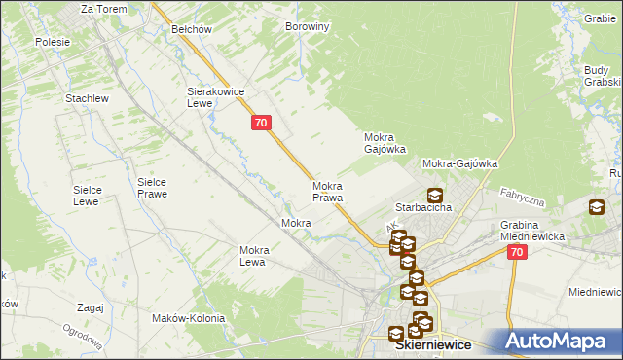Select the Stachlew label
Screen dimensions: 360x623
coord(86,99)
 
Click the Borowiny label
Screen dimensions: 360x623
coord(307,27)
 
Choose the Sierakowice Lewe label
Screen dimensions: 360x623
coord(213,97)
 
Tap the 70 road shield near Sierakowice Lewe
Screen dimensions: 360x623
coord(260,123)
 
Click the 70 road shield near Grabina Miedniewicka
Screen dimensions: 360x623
coord(517,252)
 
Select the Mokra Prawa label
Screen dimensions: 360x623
coord(327,192)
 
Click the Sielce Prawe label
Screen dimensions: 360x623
coord(152,188)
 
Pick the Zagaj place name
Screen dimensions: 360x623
coord(89,307)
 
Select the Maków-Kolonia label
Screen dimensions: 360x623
coord(189,318)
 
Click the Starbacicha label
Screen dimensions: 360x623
coord(421,208)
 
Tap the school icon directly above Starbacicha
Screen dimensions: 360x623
coord(434,195)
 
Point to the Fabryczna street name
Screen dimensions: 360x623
coord(521,198)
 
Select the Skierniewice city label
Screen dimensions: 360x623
coord(432,344)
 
